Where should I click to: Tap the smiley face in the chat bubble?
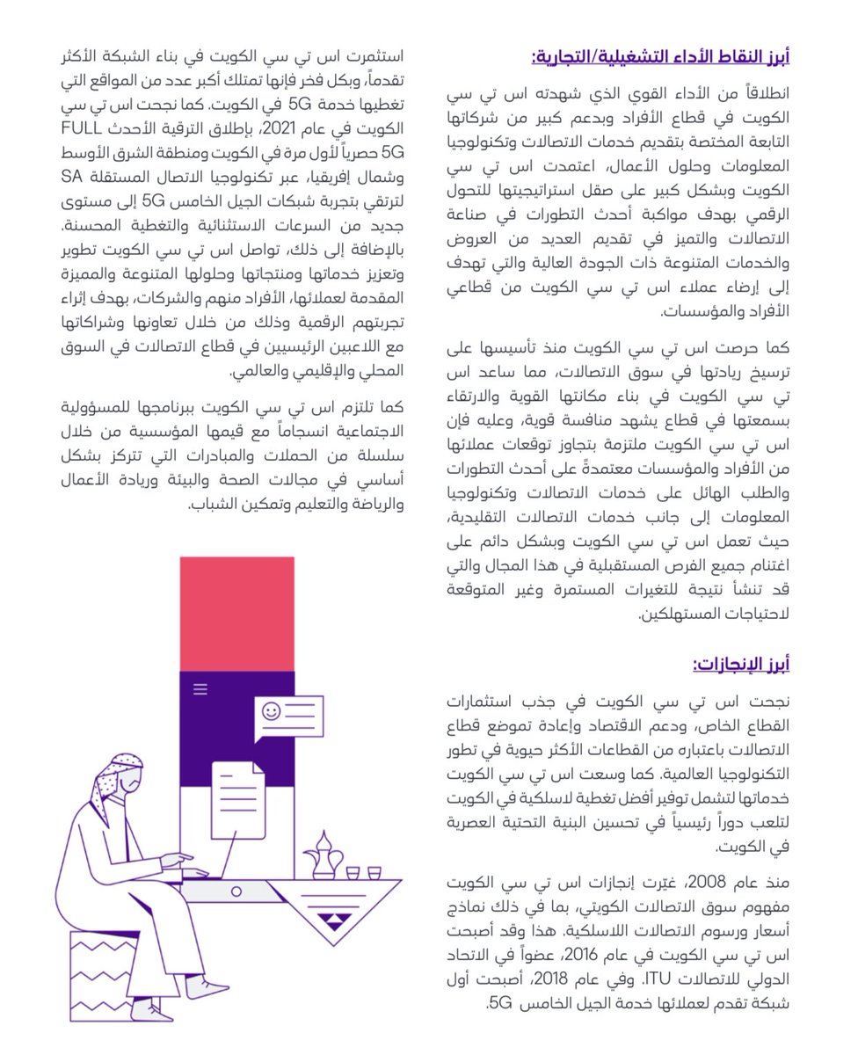(271, 709)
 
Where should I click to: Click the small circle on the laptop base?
(236, 891)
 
